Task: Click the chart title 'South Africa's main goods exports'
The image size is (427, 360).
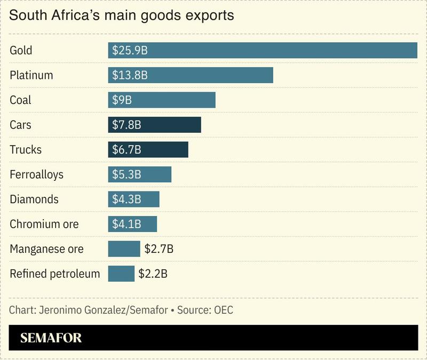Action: pos(122,15)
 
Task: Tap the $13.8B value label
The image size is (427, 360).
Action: pos(130,75)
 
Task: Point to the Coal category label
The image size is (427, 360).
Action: pos(21,100)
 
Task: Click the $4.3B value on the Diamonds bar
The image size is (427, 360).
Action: pos(126,199)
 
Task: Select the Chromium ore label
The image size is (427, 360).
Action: pos(44,224)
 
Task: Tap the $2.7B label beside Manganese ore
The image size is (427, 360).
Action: pos(159,249)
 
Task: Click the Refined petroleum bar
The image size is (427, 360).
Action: pos(121,274)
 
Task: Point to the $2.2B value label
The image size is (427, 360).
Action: pos(153,274)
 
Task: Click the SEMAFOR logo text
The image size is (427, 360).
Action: pos(51,338)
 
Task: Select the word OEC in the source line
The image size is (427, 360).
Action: pos(223,310)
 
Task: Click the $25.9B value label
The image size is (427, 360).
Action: pos(130,51)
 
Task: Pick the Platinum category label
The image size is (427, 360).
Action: pos(31,75)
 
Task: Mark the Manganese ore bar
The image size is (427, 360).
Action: pos(124,249)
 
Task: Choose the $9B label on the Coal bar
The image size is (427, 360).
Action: pos(122,100)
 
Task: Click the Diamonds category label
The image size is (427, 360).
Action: pos(34,199)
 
